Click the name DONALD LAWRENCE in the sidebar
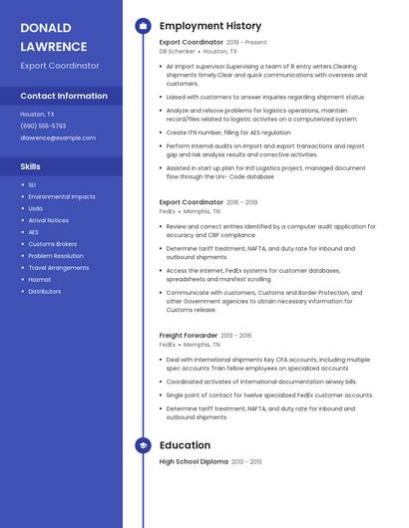[54, 37]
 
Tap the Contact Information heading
[64, 96]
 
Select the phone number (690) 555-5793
[43, 126]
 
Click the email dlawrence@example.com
[58, 137]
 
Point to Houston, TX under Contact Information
[38, 114]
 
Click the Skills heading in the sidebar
[31, 166]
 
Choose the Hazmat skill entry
[39, 279]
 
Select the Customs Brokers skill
[52, 243]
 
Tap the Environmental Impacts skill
[62, 196]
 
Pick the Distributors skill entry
[45, 291]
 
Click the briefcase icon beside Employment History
[143, 26]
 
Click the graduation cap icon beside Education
[143, 445]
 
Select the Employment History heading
[210, 26]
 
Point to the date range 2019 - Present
[246, 43]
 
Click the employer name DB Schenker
[178, 51]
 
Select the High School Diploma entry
[194, 461]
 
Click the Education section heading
[186, 445]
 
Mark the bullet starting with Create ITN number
[228, 132]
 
